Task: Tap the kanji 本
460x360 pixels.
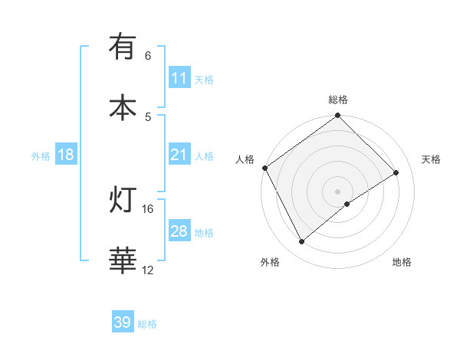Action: tap(123, 106)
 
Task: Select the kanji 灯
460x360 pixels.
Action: tap(123, 201)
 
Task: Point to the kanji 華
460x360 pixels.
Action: tap(123, 260)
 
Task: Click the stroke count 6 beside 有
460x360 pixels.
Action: tap(148, 56)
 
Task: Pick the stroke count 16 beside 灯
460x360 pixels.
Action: tap(148, 209)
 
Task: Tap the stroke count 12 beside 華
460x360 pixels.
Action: tap(148, 270)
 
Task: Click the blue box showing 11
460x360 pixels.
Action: tap(179, 78)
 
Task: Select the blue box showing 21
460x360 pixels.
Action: tap(179, 155)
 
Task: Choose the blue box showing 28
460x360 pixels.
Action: tap(179, 231)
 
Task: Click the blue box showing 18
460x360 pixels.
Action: tap(66, 155)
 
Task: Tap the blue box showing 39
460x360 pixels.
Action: tap(123, 322)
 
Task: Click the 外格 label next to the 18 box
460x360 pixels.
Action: tap(41, 155)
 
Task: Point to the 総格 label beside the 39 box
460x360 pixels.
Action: tap(147, 324)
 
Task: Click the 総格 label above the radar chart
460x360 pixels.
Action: tap(338, 100)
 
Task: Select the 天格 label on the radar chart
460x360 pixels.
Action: tap(432, 159)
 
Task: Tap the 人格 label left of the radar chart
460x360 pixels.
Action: tap(245, 159)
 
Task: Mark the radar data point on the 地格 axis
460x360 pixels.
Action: tap(347, 204)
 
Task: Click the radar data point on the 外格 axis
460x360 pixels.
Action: tap(302, 242)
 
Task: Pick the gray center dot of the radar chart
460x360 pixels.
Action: tap(338, 191)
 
